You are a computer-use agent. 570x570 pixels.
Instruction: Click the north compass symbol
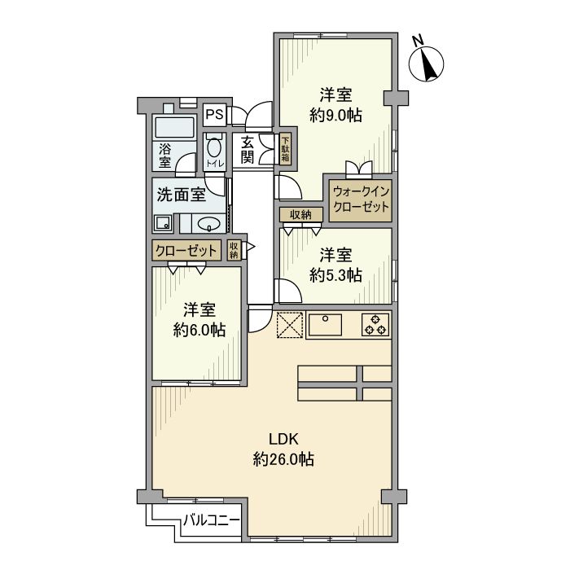[x=425, y=63]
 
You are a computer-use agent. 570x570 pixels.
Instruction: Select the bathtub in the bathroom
[x=173, y=128]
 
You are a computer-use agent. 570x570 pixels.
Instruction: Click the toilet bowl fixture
[x=214, y=147]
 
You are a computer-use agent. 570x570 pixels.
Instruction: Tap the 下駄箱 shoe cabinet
[x=286, y=149]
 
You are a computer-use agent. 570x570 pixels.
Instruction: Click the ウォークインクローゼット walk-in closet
[x=361, y=199]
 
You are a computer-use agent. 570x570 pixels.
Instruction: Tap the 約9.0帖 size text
[x=335, y=116]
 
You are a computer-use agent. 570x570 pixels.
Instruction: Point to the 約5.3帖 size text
[x=335, y=275]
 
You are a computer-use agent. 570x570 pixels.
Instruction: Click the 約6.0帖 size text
[x=199, y=330]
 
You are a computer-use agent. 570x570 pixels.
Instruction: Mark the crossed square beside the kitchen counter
[x=289, y=324]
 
